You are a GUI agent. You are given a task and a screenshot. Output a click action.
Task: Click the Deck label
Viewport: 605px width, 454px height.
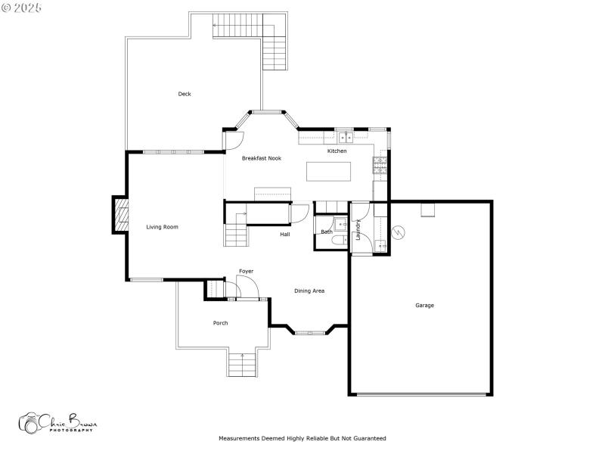[x=185, y=94]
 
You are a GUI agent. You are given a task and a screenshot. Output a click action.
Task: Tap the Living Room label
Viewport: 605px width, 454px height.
[x=162, y=227]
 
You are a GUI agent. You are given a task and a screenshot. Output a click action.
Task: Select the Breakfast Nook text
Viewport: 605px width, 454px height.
[x=262, y=159]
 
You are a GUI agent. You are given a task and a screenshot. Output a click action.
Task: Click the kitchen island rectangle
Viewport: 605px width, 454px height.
[x=330, y=172]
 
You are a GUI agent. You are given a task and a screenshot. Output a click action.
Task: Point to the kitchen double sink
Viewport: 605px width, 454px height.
[x=345, y=137]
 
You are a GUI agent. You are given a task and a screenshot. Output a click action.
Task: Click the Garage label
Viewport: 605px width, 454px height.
[x=424, y=306]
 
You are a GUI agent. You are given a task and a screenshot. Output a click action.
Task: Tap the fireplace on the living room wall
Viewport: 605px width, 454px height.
[x=119, y=215]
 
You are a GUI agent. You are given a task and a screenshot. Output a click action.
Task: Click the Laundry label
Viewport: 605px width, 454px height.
[x=358, y=229]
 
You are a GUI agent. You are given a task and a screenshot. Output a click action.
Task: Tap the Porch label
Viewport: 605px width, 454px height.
[x=220, y=323]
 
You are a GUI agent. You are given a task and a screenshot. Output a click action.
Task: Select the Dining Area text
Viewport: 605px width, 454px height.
[x=309, y=291]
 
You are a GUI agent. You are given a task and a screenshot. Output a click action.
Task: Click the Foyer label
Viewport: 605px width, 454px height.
[x=246, y=271]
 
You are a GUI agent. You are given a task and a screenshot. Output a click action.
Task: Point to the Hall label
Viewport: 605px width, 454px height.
[x=285, y=235]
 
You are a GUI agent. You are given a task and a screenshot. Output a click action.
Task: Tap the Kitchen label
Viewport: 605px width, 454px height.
[x=337, y=151]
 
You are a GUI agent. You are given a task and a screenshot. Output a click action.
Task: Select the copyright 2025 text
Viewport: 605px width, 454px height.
[x=22, y=7]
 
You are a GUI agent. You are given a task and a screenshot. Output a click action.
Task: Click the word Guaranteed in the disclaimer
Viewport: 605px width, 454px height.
[x=368, y=438]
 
